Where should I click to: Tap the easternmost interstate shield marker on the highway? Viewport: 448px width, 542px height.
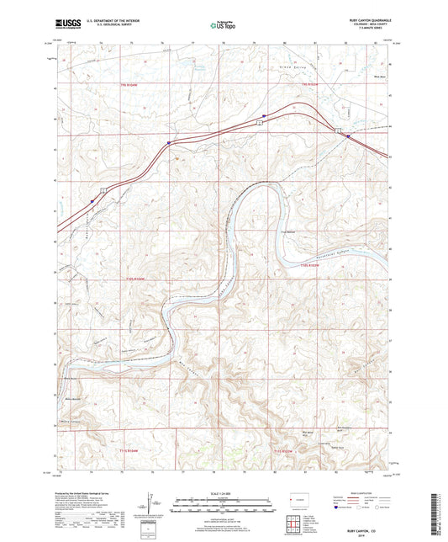pos(348,135)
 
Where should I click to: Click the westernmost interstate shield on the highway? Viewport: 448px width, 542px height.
pos(91,201)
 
